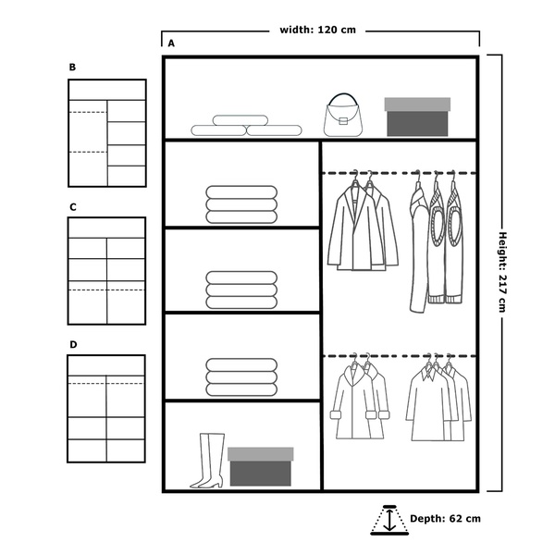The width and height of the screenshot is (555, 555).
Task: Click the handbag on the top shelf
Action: point(342,115)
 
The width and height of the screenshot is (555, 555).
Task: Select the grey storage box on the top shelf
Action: point(417,117)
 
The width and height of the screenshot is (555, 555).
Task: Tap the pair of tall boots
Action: point(208,461)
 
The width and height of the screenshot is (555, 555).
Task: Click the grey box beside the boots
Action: point(261,466)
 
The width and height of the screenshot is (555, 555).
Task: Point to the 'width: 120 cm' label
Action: point(317,30)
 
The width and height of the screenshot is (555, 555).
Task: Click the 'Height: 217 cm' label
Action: point(502,272)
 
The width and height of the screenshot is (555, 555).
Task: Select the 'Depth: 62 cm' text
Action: point(445,519)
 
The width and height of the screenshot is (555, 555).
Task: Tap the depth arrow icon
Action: point(389,520)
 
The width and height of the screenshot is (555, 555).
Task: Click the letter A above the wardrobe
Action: point(171,43)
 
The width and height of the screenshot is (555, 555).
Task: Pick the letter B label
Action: point(72,67)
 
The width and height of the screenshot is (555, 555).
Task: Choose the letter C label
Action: point(73,207)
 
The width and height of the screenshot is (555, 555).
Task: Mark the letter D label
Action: point(73,344)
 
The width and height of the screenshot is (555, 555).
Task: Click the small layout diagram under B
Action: point(107,133)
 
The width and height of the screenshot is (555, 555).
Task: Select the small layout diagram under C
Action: point(106,271)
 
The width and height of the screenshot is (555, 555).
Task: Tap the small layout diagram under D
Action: point(106,409)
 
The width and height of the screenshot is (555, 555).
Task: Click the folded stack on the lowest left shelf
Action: point(241,377)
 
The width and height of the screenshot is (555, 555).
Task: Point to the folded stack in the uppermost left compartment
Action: point(241,204)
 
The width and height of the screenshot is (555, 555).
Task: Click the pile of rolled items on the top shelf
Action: point(246,125)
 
